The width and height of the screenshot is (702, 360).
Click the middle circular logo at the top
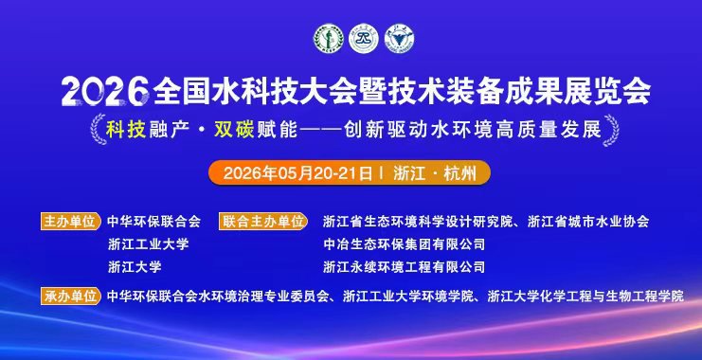364,37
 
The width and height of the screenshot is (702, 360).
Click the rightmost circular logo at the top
401,37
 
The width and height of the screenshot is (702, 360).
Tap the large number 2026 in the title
104,92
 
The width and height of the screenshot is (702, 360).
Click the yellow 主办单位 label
70,221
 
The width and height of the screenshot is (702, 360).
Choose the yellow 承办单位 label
70,296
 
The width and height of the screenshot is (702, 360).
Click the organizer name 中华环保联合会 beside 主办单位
154,222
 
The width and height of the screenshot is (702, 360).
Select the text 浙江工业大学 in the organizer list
148,244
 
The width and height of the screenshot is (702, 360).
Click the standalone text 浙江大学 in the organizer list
135,267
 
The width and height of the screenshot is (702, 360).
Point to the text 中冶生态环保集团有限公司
404,244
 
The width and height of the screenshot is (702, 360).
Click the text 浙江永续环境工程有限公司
404,267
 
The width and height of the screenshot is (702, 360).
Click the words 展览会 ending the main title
617,92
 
